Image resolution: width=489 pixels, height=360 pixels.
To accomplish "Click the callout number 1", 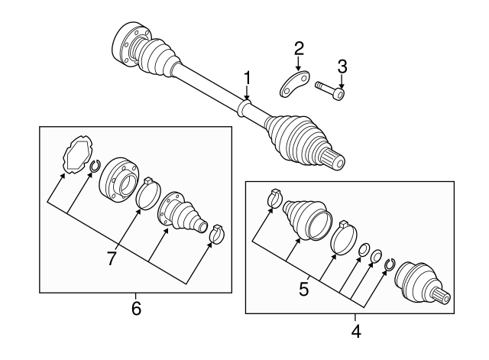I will [247, 77].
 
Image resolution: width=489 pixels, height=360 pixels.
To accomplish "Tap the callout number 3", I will [342, 65].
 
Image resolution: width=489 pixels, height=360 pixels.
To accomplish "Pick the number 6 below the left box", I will [135, 310].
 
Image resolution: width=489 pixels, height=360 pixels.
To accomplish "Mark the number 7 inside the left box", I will [112, 259].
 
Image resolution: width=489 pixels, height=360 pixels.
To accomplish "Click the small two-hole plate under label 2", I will [293, 86].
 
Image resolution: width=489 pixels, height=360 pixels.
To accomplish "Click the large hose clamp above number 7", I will [148, 193].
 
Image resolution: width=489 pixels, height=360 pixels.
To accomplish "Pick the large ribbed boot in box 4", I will [305, 216].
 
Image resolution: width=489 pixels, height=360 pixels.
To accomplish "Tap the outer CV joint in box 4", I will [423, 285].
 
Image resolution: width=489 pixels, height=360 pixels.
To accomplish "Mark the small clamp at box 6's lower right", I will [216, 234].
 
